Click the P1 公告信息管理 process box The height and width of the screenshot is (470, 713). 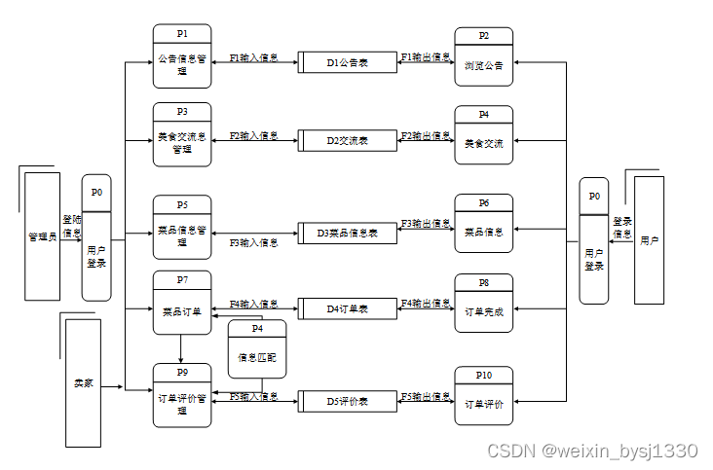(x=181, y=58)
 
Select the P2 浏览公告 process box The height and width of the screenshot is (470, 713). (x=483, y=58)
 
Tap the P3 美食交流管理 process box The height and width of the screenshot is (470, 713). (x=181, y=136)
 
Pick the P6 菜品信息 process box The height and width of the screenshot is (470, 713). (x=483, y=226)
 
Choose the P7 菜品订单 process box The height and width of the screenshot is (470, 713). (x=181, y=304)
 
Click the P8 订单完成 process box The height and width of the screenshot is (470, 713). (x=483, y=304)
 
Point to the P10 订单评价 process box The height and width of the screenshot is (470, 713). (x=483, y=396)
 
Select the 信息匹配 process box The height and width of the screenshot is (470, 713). (x=257, y=349)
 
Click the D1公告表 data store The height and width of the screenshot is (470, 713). (x=348, y=62)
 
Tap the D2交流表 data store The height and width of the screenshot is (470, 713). (x=348, y=140)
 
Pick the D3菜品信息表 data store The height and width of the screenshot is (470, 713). (x=348, y=234)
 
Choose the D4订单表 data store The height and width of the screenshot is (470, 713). (x=348, y=308)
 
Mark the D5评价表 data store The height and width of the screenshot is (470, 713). (x=348, y=401)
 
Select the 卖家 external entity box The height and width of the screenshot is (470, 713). (x=83, y=382)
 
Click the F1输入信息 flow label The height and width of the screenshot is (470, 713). (x=253, y=58)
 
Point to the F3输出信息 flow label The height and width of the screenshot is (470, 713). (x=426, y=224)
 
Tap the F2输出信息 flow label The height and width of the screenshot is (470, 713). (x=426, y=136)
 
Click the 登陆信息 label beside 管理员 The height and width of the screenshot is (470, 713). (x=72, y=227)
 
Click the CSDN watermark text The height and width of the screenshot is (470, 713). (x=592, y=451)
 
